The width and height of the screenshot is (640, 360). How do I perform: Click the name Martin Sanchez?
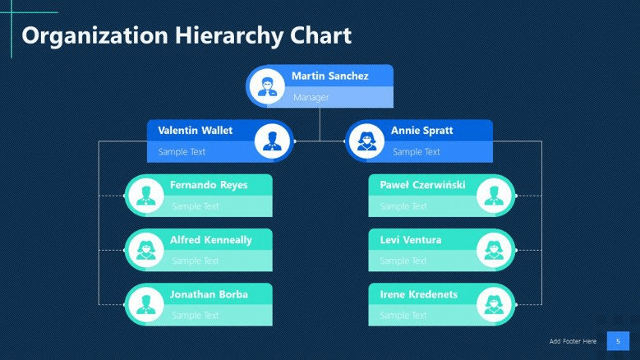click(329, 76)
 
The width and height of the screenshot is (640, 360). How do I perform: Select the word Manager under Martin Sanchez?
click(311, 98)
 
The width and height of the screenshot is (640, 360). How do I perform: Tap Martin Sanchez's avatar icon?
click(267, 86)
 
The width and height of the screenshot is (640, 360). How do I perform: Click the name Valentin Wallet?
click(195, 131)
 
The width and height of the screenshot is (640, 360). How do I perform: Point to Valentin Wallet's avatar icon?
click(272, 141)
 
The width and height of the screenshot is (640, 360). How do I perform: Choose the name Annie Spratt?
click(421, 131)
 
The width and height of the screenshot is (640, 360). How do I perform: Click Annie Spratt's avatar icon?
click(366, 141)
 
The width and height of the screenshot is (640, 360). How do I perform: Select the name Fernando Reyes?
click(209, 185)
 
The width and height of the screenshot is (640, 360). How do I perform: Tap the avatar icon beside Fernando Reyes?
click(146, 196)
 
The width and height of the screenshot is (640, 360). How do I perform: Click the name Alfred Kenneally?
click(211, 240)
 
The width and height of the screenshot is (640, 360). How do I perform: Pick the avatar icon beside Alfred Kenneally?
click(146, 250)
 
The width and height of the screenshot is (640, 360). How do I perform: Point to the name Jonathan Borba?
click(209, 294)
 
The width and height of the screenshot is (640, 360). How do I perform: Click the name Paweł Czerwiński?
click(422, 185)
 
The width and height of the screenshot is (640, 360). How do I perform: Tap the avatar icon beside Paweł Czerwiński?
click(494, 196)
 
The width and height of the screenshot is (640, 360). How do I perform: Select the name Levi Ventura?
click(411, 240)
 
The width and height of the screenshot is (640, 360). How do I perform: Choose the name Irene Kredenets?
click(419, 294)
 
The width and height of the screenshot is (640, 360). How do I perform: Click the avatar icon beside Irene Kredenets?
click(494, 304)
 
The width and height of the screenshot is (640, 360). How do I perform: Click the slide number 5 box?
click(618, 341)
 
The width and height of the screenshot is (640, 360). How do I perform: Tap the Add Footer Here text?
click(573, 341)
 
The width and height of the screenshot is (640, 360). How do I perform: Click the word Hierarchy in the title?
click(228, 36)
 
